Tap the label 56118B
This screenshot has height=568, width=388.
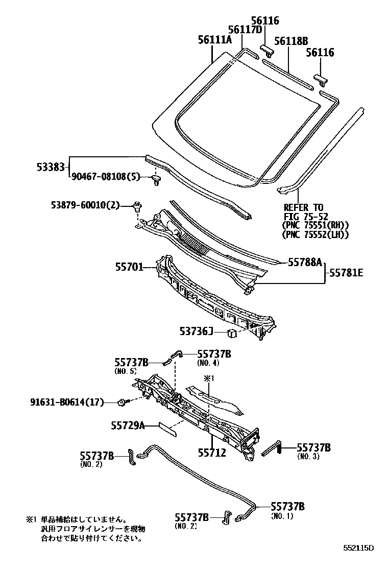[x=292, y=41]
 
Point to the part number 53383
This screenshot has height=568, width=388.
[x=51, y=167]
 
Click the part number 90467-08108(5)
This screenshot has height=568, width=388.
[x=104, y=176]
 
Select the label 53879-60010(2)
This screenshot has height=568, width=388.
[x=85, y=205]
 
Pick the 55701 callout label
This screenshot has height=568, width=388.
[x=129, y=266]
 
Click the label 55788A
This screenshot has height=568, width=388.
[x=305, y=262]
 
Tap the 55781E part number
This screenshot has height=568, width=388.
[x=346, y=273]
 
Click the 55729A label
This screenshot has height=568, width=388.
[x=128, y=425]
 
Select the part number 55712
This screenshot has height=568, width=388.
[x=211, y=453]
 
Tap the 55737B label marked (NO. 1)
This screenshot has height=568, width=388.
[x=287, y=506]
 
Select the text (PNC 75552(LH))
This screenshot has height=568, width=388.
[x=315, y=234]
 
